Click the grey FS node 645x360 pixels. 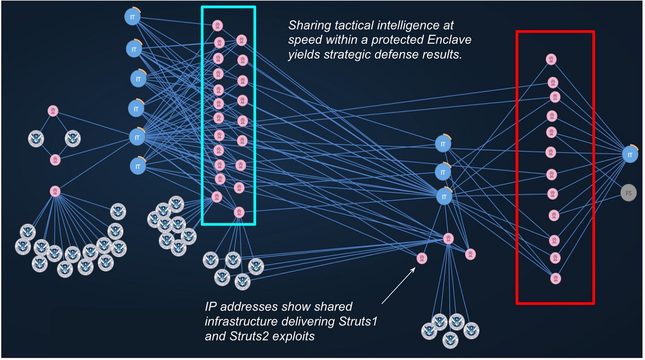[628, 192]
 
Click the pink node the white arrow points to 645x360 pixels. [421, 258]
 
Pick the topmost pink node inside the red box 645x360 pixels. [551, 59]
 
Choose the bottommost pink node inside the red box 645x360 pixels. [556, 279]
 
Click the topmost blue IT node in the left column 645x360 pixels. [132, 17]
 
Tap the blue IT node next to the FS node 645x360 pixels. [630, 154]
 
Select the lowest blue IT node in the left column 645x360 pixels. [137, 166]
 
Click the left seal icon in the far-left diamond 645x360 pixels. [35, 138]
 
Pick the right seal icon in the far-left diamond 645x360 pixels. [72, 138]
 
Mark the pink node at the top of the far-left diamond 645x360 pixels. [53, 111]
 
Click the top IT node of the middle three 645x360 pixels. [443, 144]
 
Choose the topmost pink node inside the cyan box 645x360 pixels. [218, 25]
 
